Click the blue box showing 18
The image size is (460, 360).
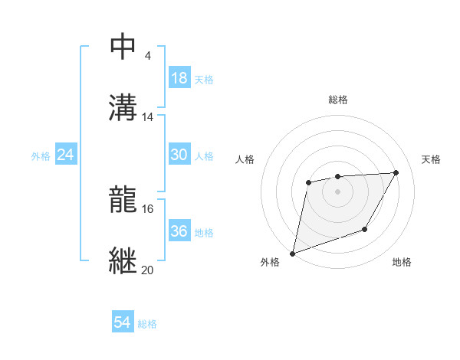point(179,78)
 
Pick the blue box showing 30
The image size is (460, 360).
point(179,155)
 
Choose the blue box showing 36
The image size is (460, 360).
point(179,231)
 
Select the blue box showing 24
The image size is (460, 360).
point(66,155)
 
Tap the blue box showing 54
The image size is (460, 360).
point(122,323)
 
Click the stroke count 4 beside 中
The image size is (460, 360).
point(147,56)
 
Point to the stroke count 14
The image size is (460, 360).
point(148,117)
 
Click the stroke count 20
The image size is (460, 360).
point(148,270)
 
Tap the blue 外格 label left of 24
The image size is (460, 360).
point(41,155)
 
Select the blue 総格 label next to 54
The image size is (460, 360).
point(147,324)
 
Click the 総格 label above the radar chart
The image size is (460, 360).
point(338,100)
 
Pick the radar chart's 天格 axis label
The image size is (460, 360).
point(432,159)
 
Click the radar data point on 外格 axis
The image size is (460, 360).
point(292,253)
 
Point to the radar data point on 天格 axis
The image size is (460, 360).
point(396,173)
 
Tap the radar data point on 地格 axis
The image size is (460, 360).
point(365,229)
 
